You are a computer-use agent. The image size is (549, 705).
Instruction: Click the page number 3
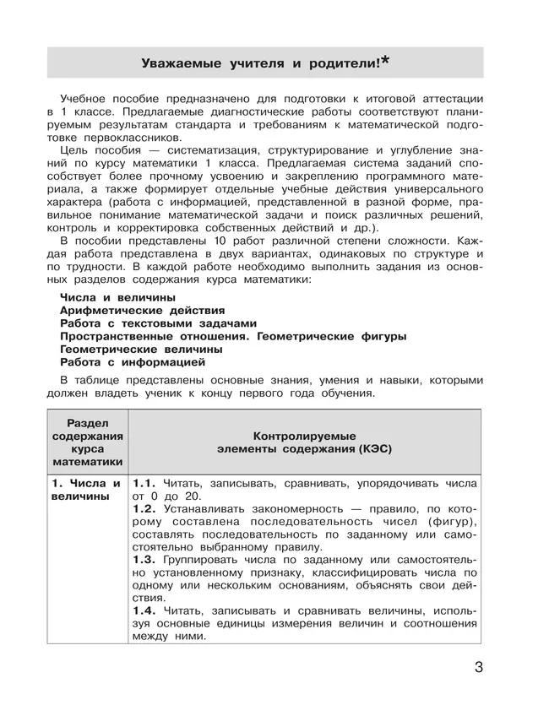(x=479, y=669)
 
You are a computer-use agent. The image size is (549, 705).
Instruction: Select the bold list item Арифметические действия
(x=143, y=310)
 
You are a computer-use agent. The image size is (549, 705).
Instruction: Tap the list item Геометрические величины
(x=141, y=348)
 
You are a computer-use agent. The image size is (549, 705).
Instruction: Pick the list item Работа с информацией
(x=133, y=361)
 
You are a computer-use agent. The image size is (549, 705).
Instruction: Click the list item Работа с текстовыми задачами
(x=158, y=323)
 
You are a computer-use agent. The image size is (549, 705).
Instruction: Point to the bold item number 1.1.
(x=144, y=483)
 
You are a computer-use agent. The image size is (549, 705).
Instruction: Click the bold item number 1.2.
(x=144, y=510)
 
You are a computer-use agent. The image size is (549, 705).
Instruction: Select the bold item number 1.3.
(x=144, y=560)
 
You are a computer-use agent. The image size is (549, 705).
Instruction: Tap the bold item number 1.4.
(x=144, y=610)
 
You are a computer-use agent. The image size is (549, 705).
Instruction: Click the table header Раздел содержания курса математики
(x=88, y=442)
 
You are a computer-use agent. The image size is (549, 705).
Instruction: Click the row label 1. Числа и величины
(x=84, y=490)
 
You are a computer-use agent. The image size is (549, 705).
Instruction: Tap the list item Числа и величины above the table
(x=118, y=297)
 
